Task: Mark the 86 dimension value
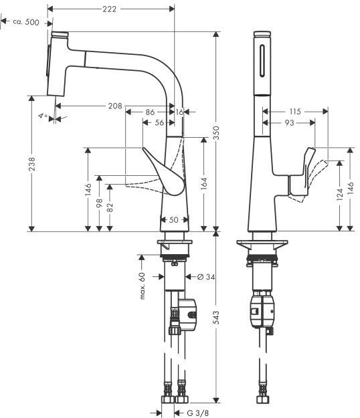click(149, 112)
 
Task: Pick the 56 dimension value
click(159, 123)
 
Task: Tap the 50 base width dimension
click(174, 219)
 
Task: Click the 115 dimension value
click(295, 111)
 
